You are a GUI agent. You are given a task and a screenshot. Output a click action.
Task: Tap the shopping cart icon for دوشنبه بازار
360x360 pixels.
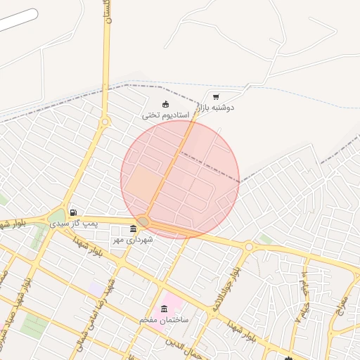pyautogui.click(x=215, y=97)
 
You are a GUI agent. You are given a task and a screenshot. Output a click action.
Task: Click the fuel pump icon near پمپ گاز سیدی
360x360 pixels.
pyautogui.click(x=73, y=212)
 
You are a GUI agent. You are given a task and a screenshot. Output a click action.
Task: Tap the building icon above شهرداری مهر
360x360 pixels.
pyautogui.click(x=134, y=229)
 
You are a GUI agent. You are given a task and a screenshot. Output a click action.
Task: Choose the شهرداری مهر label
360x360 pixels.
pyautogui.click(x=132, y=240)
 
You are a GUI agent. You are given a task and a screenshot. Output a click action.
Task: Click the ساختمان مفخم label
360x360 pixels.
pyautogui.click(x=164, y=320)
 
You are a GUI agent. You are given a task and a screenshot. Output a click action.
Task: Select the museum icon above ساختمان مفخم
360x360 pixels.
pyautogui.click(x=164, y=309)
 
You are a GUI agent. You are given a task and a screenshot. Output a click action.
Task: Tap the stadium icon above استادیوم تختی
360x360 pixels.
pyautogui.click(x=165, y=105)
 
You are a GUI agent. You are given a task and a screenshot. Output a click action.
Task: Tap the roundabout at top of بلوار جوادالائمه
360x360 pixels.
pyautogui.click(x=249, y=247)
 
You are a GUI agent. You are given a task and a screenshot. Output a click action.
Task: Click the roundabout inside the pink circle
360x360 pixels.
pyautogui.click(x=143, y=221)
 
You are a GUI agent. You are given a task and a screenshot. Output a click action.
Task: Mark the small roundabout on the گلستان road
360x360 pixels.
pyautogui.click(x=105, y=122)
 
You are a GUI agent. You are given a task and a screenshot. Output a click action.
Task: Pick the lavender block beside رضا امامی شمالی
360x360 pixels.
pyautogui.click(x=96, y=289)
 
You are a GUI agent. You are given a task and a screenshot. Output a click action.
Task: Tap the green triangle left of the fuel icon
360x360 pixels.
pyautogui.click(x=58, y=214)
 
